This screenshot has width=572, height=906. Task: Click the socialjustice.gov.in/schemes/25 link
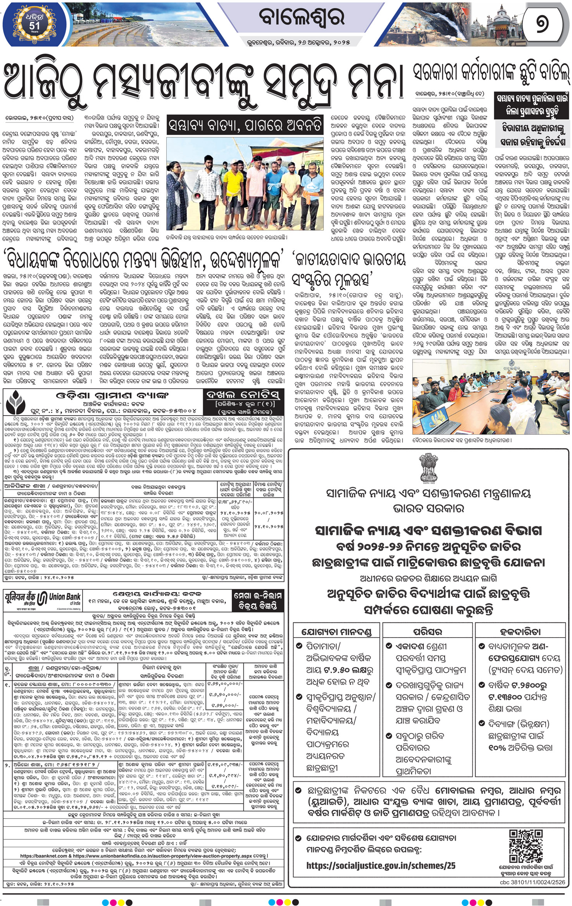(381, 865)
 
